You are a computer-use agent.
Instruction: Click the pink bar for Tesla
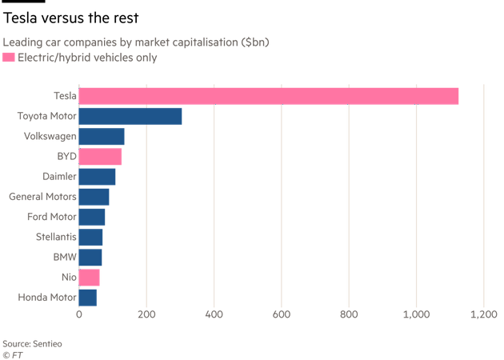pyautogui.click(x=269, y=96)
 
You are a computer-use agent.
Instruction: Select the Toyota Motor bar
pyautogui.click(x=130, y=116)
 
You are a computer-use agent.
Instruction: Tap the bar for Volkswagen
pyautogui.click(x=102, y=137)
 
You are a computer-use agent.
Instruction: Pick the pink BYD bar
pyautogui.click(x=101, y=157)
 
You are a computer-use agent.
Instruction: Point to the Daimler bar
pyautogui.click(x=98, y=177)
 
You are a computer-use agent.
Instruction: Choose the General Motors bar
pyautogui.click(x=94, y=197)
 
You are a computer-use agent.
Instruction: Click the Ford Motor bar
pyautogui.click(x=92, y=217)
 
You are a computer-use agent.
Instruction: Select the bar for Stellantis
pyautogui.click(x=91, y=238)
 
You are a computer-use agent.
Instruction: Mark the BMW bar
pyautogui.click(x=90, y=258)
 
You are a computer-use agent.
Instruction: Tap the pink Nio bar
pyautogui.click(x=90, y=278)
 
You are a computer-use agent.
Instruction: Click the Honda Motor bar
pyautogui.click(x=88, y=298)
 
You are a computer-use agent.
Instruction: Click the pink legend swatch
pyautogui.click(x=8, y=57)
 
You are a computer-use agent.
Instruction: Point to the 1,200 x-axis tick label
pyautogui.click(x=483, y=315)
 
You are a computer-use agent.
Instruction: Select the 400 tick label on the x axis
pyautogui.click(x=214, y=315)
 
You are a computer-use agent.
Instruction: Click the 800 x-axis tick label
pyautogui.click(x=349, y=315)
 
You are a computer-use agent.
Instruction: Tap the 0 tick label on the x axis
pyautogui.click(x=79, y=315)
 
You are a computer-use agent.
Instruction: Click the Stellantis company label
pyautogui.click(x=56, y=238)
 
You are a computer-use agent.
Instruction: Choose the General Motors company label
pyautogui.click(x=42, y=197)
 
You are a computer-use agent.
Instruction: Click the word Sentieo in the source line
pyautogui.click(x=47, y=342)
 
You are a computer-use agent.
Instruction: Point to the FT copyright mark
pyautogui.click(x=11, y=353)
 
